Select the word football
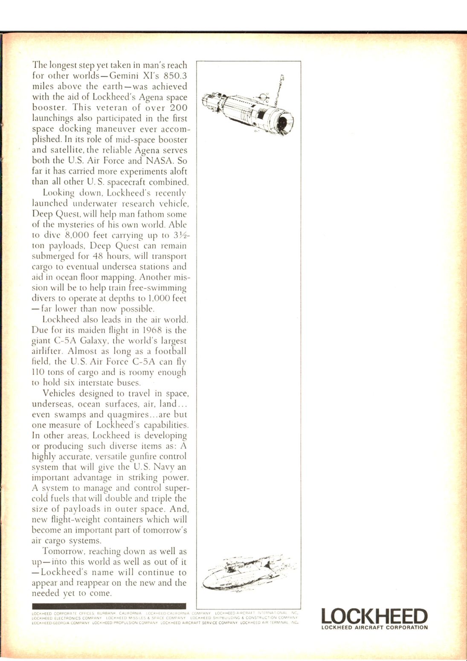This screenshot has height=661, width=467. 170,351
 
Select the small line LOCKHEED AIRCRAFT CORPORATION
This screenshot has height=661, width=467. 374,627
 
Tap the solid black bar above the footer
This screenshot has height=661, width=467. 109,606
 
